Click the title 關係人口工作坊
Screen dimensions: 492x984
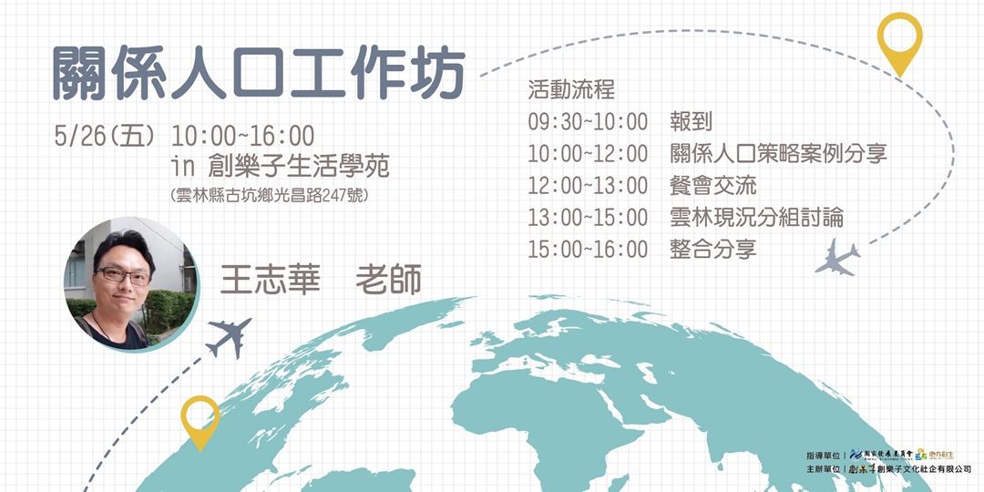tap(258, 71)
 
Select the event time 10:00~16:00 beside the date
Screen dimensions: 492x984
tap(242, 137)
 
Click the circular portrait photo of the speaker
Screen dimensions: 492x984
tap(130, 283)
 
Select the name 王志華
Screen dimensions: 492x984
tap(270, 280)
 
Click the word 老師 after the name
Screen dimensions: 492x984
tap(388, 280)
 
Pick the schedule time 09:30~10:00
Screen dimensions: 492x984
tap(588, 122)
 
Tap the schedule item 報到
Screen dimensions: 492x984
tap(691, 122)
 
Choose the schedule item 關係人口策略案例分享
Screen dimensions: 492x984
tap(778, 154)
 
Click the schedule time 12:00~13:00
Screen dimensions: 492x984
tap(588, 186)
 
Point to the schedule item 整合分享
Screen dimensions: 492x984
tap(712, 249)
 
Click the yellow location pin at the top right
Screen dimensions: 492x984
tap(899, 42)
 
